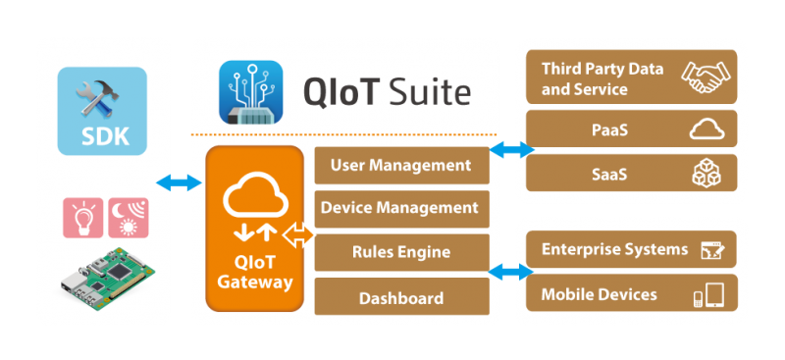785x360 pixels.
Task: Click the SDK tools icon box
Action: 102,111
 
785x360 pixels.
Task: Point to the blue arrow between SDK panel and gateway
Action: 178,183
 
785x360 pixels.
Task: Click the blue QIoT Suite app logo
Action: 250,91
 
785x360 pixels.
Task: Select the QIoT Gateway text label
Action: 254,272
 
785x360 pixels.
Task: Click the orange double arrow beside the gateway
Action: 297,235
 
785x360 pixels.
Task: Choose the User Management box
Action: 401,165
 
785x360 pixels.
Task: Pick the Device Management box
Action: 401,208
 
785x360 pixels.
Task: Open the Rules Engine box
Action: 401,252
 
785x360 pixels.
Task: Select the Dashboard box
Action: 401,297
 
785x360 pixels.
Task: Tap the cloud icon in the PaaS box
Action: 706,129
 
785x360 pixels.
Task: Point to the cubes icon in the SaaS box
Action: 706,173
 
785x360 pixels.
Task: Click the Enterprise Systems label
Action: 615,249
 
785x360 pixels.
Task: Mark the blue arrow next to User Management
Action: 511,150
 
